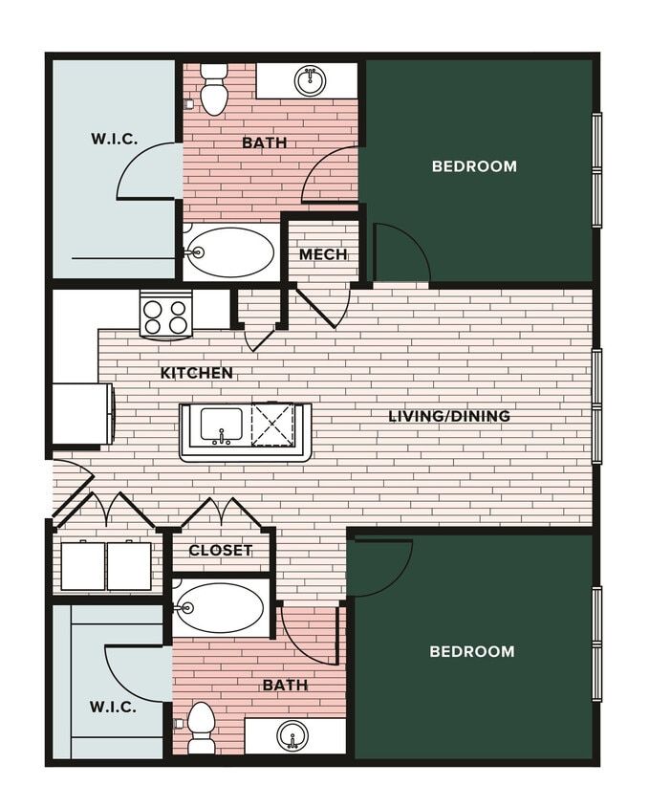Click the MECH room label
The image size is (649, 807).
point(322,254)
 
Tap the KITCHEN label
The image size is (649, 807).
point(196,373)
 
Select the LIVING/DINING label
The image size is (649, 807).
point(448,416)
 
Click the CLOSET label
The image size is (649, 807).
point(220,551)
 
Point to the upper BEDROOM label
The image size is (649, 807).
point(474,166)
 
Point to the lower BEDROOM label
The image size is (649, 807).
point(471,651)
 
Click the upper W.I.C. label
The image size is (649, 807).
point(114,140)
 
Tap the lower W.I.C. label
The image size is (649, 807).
point(113,708)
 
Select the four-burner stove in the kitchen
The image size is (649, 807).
point(166,315)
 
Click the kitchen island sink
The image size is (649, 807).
point(221,425)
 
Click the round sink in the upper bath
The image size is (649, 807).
point(309,81)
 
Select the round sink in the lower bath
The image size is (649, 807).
point(292,736)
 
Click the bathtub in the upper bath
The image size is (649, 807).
point(230,252)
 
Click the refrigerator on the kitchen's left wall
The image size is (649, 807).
point(82,413)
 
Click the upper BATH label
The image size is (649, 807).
point(264,143)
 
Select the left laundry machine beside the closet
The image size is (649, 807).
point(83,566)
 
